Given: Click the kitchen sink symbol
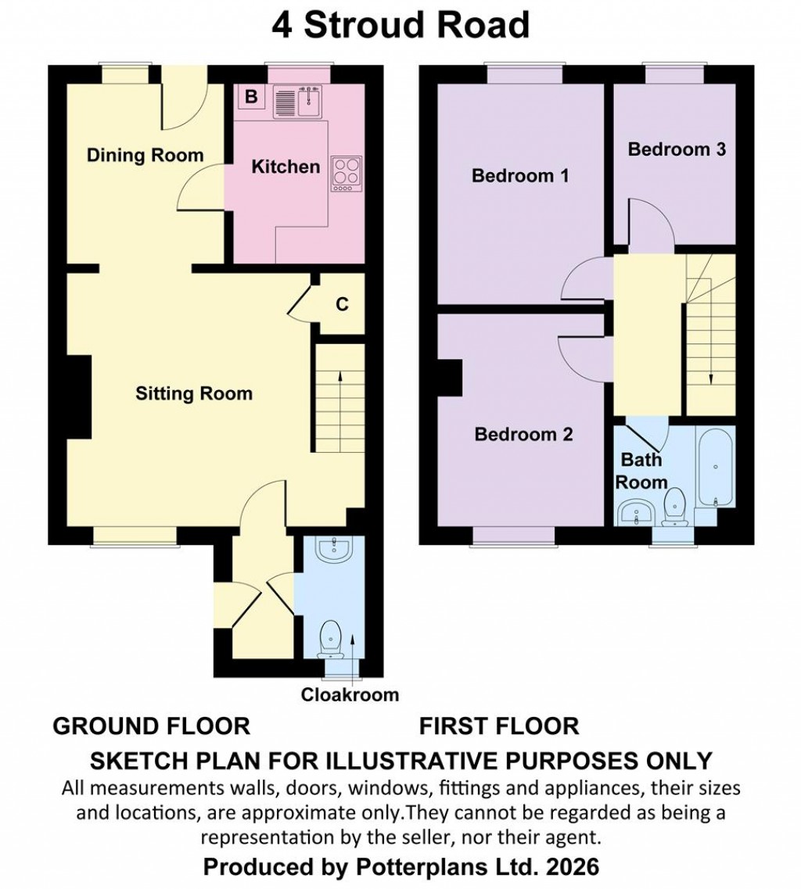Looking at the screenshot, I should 298,102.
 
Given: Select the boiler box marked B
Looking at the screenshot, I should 251,97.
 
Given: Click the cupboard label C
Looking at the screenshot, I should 342,305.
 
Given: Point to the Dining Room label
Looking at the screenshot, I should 145,155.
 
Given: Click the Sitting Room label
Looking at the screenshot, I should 194,393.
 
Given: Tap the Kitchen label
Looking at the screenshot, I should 286,167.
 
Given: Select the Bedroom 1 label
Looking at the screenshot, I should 519,176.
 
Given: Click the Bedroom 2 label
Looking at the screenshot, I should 523,434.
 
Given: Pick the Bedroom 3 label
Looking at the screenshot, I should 677,149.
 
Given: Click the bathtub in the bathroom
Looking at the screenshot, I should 715,467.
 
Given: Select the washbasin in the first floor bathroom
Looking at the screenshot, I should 638,514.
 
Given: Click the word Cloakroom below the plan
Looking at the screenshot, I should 350,694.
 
